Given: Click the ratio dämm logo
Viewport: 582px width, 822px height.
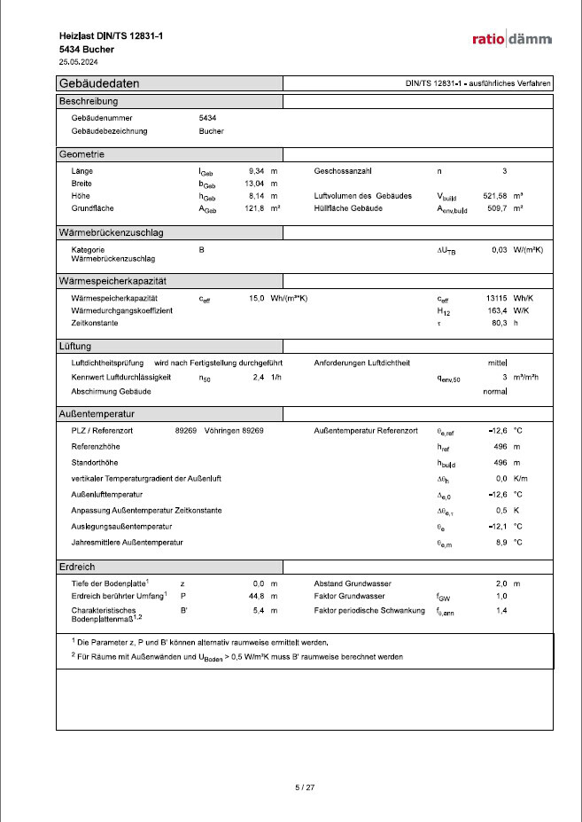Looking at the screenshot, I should (512, 39).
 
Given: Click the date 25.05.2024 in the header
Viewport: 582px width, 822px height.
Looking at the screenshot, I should (78, 62).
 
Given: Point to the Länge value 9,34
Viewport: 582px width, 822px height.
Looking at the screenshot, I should (258, 169).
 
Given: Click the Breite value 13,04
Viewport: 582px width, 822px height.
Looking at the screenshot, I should (255, 183).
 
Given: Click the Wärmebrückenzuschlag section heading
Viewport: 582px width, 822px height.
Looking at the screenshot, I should (111, 233).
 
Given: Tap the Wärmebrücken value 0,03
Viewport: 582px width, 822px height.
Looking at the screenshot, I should (499, 250).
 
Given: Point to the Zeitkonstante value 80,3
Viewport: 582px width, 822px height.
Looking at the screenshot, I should (499, 324).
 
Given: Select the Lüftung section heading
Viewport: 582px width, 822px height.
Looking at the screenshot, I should (76, 346).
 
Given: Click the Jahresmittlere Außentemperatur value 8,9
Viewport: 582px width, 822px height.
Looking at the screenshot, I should (500, 542).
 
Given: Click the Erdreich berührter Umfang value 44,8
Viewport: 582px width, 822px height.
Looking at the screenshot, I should (259, 597).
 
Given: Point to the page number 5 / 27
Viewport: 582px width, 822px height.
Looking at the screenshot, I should (304, 787).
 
